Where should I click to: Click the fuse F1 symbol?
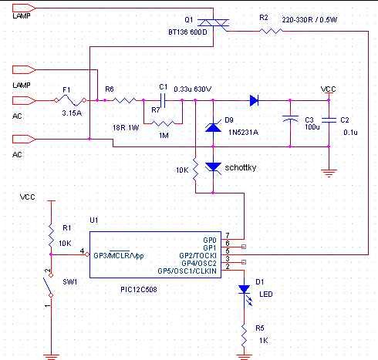tap(70, 100)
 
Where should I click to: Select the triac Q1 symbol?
tap(213, 23)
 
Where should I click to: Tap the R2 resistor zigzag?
tap(271, 32)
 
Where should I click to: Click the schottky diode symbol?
tap(213, 168)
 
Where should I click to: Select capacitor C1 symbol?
tap(163, 100)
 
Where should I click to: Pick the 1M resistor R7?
tap(164, 124)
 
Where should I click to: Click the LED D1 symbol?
tap(245, 292)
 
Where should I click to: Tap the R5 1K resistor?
tap(244, 335)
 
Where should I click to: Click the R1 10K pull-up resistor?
tap(51, 235)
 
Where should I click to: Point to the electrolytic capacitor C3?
tap(290, 119)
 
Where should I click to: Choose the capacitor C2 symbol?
tap(329, 119)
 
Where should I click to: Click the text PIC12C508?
tap(139, 290)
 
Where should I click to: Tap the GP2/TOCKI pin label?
tap(197, 256)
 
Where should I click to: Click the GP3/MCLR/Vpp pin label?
tap(119, 256)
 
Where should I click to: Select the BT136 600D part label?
tap(187, 32)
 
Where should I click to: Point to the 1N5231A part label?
tap(243, 133)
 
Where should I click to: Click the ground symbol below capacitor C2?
tap(329, 173)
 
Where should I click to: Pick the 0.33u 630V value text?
tap(193, 89)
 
